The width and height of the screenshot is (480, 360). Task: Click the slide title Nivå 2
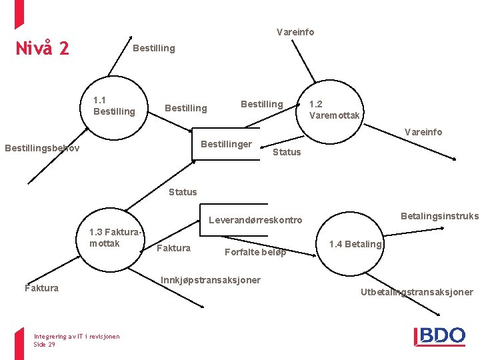[42, 48]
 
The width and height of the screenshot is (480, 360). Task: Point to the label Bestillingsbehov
[42, 148]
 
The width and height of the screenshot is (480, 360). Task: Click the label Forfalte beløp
[255, 252]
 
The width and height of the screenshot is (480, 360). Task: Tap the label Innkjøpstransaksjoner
[211, 280]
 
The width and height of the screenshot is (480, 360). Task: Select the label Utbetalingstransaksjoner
[417, 292]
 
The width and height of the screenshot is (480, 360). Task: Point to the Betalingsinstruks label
[440, 216]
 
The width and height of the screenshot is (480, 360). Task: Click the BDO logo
[439, 337]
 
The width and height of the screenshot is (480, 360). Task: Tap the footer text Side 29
[45, 345]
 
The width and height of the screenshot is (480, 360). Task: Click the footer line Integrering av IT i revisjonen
[77, 337]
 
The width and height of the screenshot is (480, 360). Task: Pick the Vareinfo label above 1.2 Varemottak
[295, 32]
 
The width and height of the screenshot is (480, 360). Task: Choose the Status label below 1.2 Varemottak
[287, 152]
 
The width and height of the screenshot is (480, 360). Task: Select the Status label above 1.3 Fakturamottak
[183, 192]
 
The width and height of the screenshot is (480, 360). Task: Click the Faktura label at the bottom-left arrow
[41, 288]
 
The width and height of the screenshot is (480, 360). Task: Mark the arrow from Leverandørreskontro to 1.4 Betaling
[269, 246]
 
